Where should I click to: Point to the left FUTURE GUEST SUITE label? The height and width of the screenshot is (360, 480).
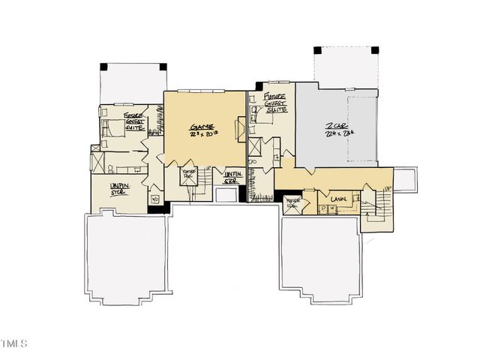click(x=135, y=121)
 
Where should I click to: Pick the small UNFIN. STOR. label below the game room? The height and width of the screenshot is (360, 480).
click(x=232, y=177)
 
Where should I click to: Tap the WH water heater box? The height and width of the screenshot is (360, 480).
click(x=155, y=199)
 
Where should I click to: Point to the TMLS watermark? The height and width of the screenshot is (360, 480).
click(x=14, y=344)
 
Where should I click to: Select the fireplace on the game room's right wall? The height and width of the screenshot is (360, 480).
click(x=241, y=132)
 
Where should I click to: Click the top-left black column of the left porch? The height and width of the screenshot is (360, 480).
click(x=103, y=67)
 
